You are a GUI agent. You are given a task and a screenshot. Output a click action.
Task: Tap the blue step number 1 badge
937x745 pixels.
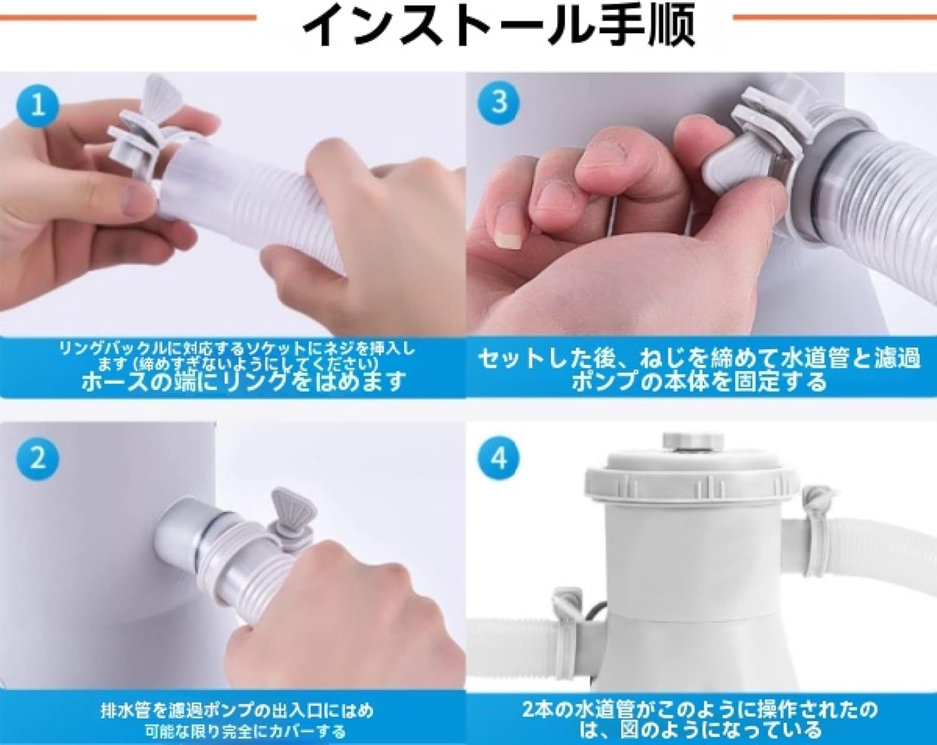click(38, 104)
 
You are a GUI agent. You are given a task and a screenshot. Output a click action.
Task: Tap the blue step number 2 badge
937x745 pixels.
click(38, 458)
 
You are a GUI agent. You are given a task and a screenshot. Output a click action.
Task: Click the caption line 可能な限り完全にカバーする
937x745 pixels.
click(245, 731)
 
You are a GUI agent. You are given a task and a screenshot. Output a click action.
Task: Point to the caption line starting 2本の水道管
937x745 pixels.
click(700, 709)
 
